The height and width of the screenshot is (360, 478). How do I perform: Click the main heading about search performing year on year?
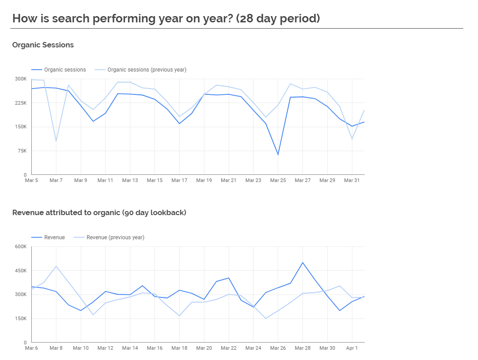[x=166, y=18]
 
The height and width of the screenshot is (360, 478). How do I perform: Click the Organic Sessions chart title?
[x=43, y=45]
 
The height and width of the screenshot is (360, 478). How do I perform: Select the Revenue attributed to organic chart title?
[x=99, y=212]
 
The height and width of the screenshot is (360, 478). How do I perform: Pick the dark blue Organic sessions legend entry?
[x=65, y=70]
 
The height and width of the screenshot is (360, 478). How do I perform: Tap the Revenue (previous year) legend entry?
[x=115, y=237]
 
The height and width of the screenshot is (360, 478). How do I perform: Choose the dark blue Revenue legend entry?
[x=54, y=237]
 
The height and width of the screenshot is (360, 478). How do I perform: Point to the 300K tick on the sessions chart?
[x=21, y=79]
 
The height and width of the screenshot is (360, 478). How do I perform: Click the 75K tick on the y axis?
[x=22, y=151]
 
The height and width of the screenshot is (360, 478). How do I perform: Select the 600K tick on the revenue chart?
[x=21, y=246]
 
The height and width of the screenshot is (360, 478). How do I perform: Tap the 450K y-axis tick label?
[x=21, y=271]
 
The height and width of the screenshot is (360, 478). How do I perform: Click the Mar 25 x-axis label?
[x=278, y=180]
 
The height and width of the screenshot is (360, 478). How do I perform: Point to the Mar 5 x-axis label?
[x=31, y=180]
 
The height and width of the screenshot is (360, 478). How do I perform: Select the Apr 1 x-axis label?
[x=352, y=348]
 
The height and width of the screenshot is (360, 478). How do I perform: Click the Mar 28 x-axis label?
[x=303, y=348]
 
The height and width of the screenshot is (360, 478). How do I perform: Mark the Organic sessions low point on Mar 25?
[x=278, y=155]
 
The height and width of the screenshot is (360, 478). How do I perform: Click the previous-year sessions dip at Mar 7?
[x=56, y=141]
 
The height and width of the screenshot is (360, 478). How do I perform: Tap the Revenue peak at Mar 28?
[x=303, y=263]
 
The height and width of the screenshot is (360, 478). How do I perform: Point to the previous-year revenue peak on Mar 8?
[x=56, y=266]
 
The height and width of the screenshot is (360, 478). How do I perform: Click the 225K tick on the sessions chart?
[x=21, y=103]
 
